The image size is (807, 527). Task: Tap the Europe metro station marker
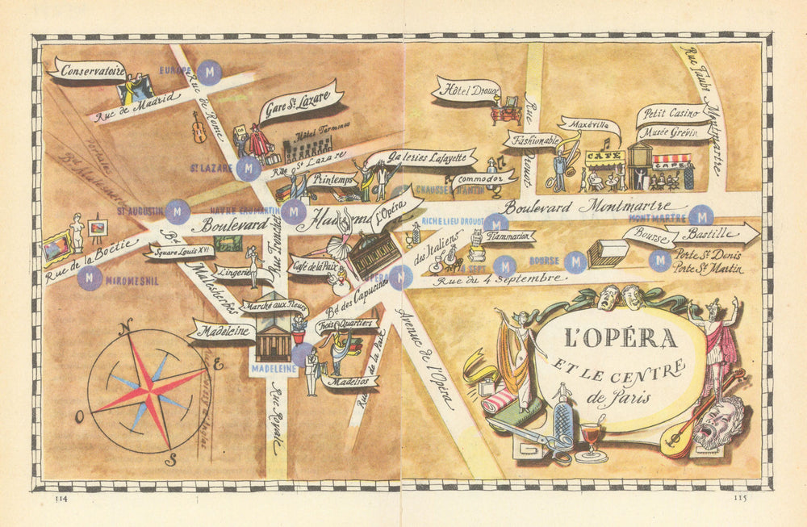(211, 72)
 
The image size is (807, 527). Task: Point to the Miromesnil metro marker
(90, 278)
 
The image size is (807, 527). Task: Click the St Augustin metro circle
(178, 211)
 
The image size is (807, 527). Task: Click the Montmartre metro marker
(702, 215)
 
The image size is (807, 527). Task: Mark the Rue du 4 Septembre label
(496, 279)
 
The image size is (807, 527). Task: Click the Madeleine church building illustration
(273, 339)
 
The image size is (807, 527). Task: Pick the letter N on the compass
(126, 328)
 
